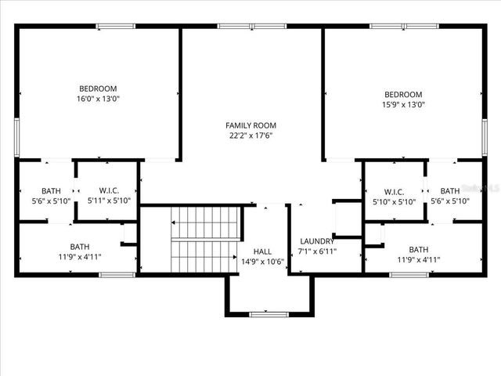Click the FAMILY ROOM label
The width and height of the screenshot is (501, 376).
click(250, 125)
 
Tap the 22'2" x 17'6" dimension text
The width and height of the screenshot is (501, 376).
click(250, 136)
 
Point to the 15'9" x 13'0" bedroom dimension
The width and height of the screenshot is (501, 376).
click(403, 104)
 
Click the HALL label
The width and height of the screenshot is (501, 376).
click(262, 251)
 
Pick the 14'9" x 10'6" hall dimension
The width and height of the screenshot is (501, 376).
click(262, 262)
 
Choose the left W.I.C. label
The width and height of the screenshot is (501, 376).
click(109, 190)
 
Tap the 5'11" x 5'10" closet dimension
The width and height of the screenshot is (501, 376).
click(109, 201)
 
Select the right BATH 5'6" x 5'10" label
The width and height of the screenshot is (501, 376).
click(450, 196)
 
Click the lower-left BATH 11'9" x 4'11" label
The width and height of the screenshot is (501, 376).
click(80, 251)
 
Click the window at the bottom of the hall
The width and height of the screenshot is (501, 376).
click(269, 314)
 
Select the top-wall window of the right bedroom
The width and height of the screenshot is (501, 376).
click(391, 27)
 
